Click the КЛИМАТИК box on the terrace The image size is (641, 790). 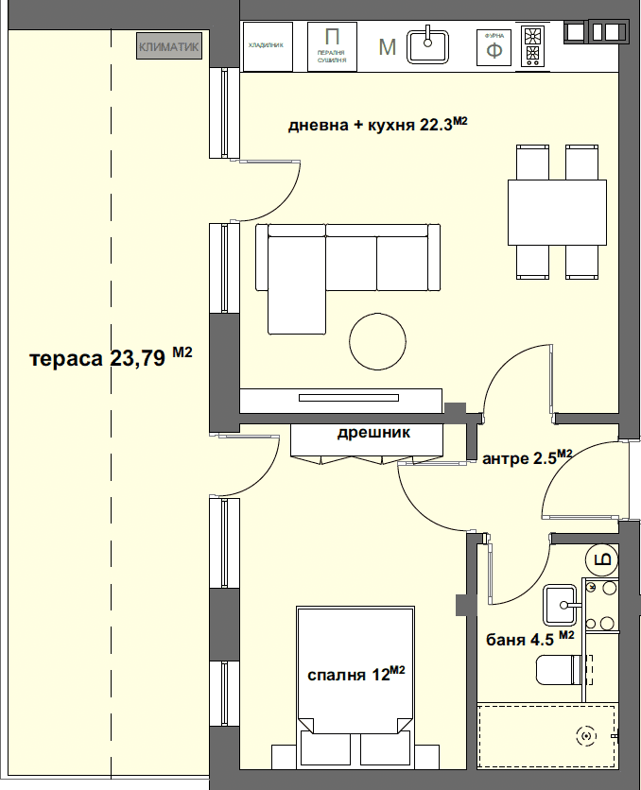click(169, 46)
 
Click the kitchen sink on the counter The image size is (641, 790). click(429, 45)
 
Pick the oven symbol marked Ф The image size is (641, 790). click(494, 46)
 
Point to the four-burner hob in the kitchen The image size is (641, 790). click(533, 46)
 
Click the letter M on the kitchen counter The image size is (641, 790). click(387, 47)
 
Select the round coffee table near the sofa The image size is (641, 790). click(378, 340)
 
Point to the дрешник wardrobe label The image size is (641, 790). click(373, 434)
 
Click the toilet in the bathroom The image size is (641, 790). click(563, 672)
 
